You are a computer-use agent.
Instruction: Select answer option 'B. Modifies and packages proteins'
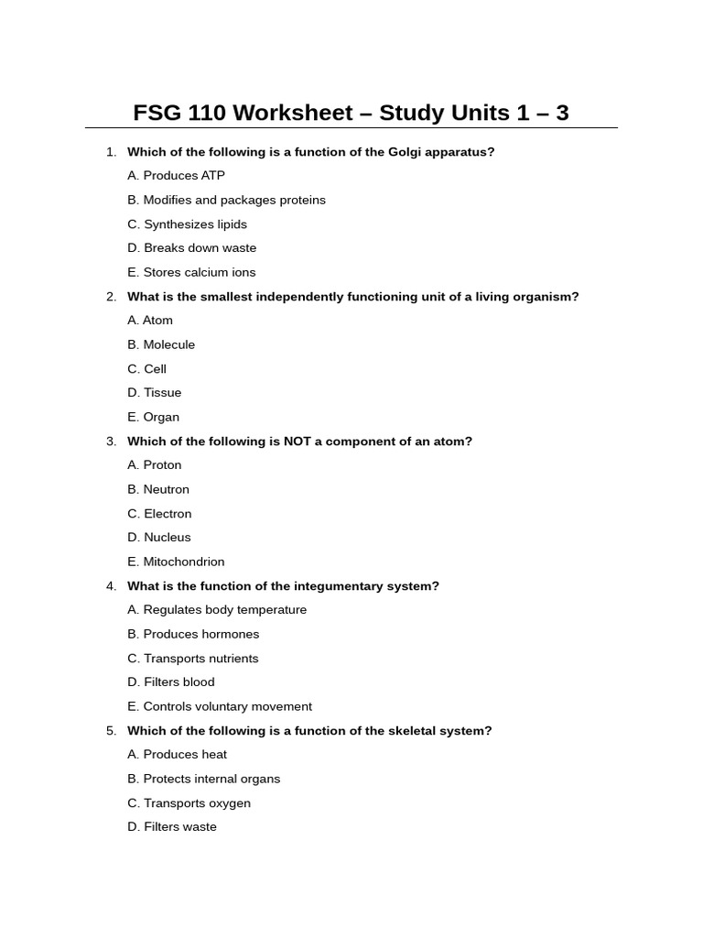(x=226, y=200)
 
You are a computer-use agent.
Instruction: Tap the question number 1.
(x=111, y=152)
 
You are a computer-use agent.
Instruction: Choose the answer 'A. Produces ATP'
(x=176, y=176)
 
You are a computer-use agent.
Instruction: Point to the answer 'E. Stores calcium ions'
(x=191, y=272)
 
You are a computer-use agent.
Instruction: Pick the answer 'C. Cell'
(x=146, y=369)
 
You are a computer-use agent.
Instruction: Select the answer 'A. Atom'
(x=150, y=321)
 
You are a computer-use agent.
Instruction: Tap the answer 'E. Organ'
(x=153, y=417)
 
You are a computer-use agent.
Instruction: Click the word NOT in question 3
(x=298, y=442)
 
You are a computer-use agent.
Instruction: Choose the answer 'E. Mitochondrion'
(x=176, y=562)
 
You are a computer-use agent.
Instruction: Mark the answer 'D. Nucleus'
(x=159, y=538)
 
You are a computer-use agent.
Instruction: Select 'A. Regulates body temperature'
(x=217, y=610)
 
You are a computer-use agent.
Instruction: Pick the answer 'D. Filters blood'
(x=171, y=682)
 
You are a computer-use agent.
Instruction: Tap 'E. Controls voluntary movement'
(x=220, y=706)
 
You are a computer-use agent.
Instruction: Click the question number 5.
(x=111, y=731)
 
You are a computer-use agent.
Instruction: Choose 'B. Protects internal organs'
(x=203, y=779)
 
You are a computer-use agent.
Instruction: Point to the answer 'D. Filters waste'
(x=172, y=827)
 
